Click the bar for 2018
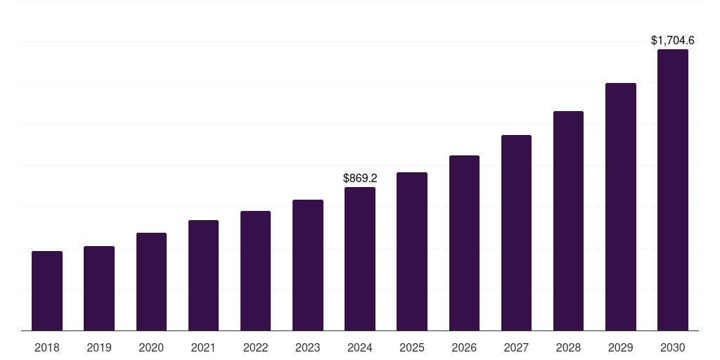pyautogui.click(x=47, y=290)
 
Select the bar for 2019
pyautogui.click(x=99, y=288)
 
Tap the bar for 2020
pyautogui.click(x=151, y=281)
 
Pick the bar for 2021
pyautogui.click(x=203, y=275)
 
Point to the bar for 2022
pyautogui.click(x=255, y=271)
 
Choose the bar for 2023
pyautogui.click(x=308, y=265)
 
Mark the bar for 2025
pyautogui.click(x=412, y=251)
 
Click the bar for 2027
pyautogui.click(x=516, y=233)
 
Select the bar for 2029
pyautogui.click(x=621, y=207)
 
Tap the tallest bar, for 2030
pyautogui.click(x=673, y=190)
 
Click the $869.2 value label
pyautogui.click(x=360, y=179)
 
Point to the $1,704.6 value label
pyautogui.click(x=673, y=41)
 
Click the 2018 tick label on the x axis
pyautogui.click(x=47, y=347)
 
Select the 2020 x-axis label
pyautogui.click(x=151, y=347)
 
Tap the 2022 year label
pyautogui.click(x=255, y=347)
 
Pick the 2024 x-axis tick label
pyautogui.click(x=360, y=347)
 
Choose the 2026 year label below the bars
pyautogui.click(x=464, y=347)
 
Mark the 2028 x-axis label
pyautogui.click(x=568, y=347)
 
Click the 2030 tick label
pyautogui.click(x=673, y=347)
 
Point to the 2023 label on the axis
pyautogui.click(x=308, y=347)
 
